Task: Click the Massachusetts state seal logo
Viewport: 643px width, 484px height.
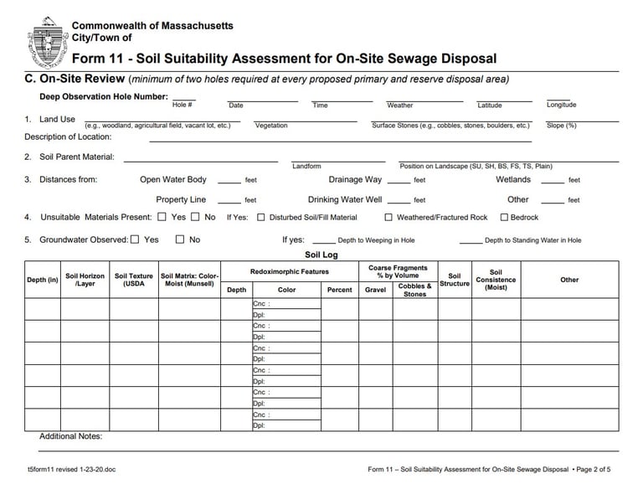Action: pos(46,42)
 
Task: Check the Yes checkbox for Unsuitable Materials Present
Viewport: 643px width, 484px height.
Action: pos(162,217)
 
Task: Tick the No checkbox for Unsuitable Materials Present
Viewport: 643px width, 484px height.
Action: pos(195,217)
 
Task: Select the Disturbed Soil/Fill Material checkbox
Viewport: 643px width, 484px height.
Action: pos(261,218)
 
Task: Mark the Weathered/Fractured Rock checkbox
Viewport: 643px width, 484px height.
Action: pos(388,218)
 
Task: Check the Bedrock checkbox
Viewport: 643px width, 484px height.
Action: pos(504,218)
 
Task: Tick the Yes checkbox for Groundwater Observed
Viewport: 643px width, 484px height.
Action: pos(135,239)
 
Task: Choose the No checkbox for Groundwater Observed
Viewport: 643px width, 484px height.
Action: pos(179,239)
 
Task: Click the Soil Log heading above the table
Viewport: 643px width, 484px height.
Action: pos(321,255)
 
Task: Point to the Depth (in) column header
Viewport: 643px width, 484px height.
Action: pos(43,280)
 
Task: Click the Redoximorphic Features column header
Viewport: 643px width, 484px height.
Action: pos(290,271)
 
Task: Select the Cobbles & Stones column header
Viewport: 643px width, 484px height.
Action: pos(414,290)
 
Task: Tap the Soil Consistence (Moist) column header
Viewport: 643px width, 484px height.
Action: pos(496,280)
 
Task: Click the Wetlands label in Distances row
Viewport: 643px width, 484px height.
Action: pos(513,179)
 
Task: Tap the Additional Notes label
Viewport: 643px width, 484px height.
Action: pos(70,436)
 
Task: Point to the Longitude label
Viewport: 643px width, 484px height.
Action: pos(561,105)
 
